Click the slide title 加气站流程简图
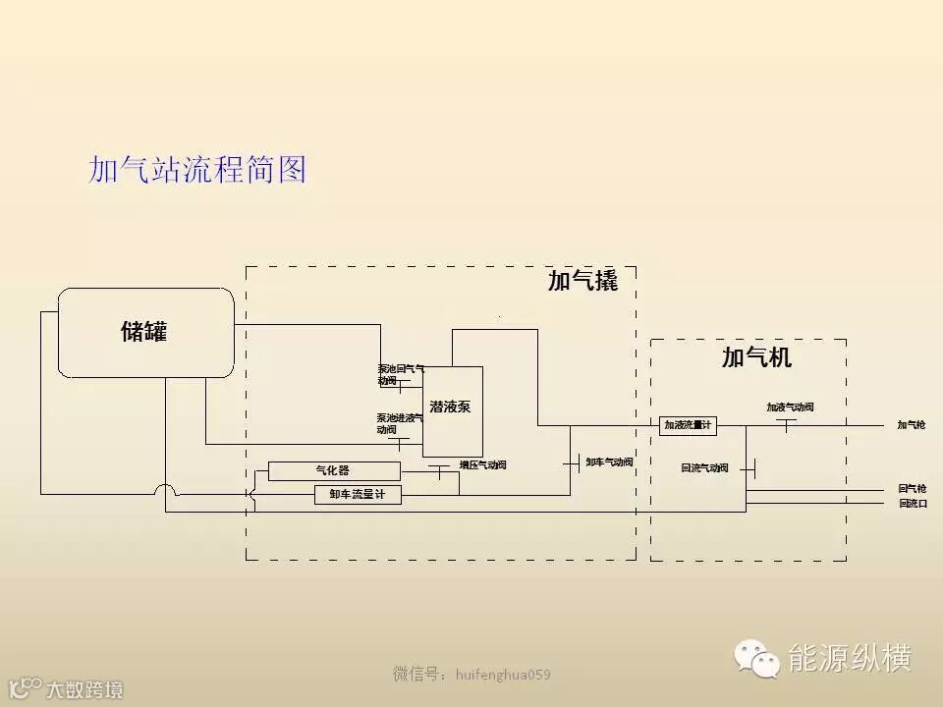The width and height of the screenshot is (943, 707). (x=197, y=170)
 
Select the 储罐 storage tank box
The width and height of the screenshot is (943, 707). (x=145, y=332)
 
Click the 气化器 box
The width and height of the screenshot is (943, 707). (x=334, y=471)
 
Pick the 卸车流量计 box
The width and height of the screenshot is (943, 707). (x=358, y=495)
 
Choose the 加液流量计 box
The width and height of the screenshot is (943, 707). (x=688, y=425)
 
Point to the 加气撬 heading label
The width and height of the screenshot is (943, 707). (x=582, y=282)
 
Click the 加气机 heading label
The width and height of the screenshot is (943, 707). (x=756, y=357)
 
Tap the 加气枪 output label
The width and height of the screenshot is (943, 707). (x=911, y=425)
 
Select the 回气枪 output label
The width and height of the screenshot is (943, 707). (x=911, y=488)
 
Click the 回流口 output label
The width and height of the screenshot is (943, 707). (x=912, y=504)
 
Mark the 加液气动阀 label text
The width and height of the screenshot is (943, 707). (x=790, y=407)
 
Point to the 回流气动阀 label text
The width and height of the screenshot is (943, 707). (x=704, y=468)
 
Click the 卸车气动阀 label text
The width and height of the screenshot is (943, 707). (x=609, y=462)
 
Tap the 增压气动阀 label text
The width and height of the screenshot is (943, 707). (x=482, y=465)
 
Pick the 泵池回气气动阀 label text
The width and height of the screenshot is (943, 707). (x=400, y=374)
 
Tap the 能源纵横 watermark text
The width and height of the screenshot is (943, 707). (x=851, y=658)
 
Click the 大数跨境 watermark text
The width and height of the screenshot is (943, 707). (x=84, y=689)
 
